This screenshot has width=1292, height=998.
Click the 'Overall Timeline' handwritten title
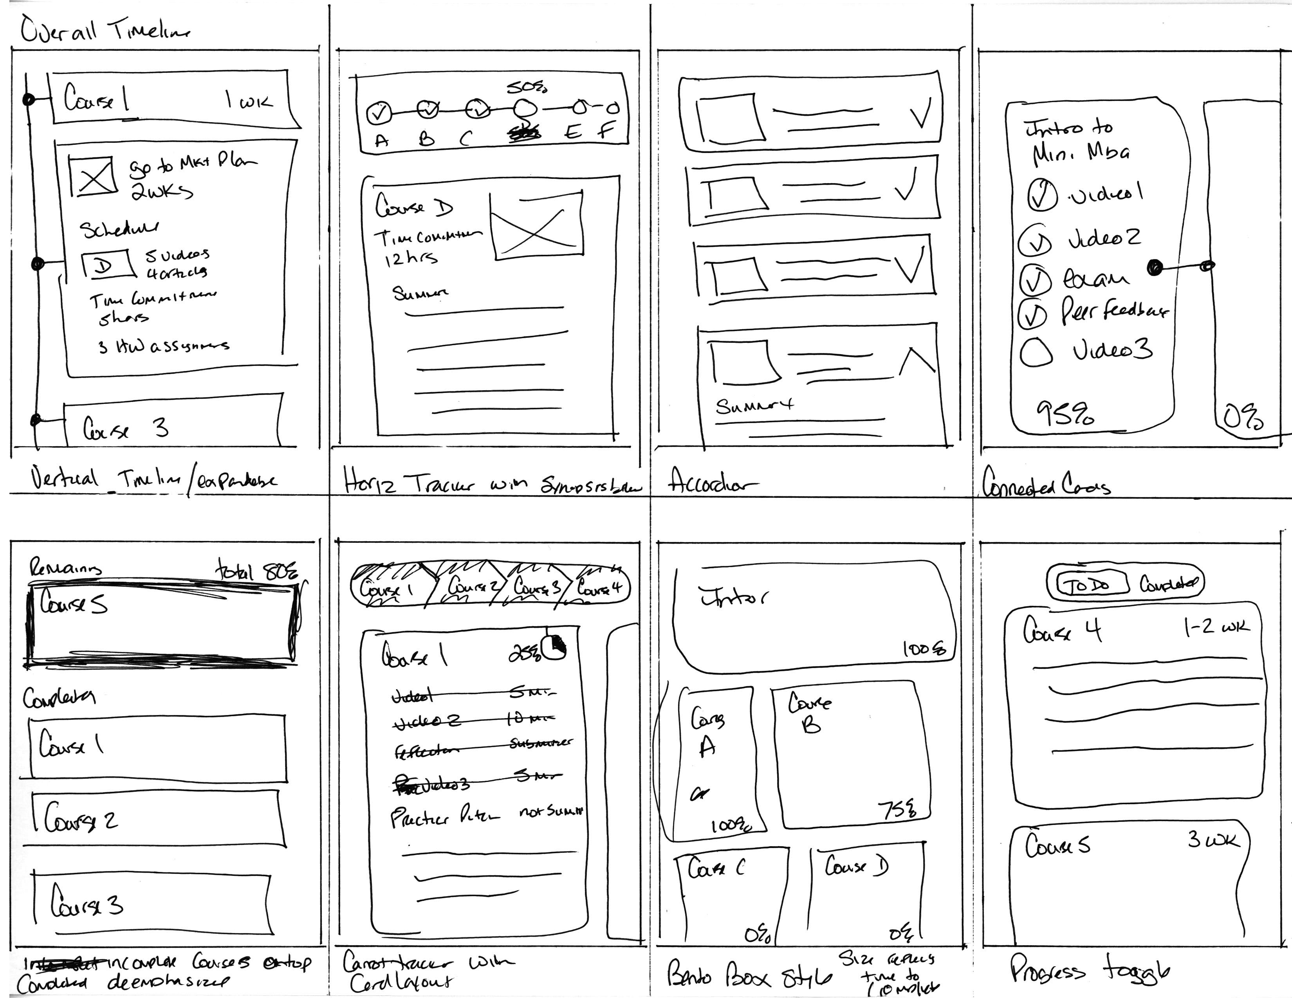pos(105,30)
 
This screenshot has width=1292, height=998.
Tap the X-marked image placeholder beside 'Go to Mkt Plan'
pos(92,176)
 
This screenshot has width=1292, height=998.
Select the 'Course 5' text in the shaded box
pos(74,603)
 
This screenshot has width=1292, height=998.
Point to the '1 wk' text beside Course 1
pos(249,101)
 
